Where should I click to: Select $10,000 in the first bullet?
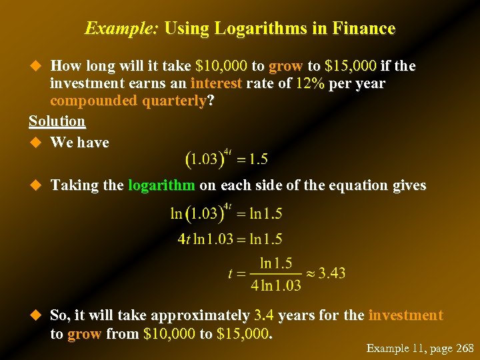pos(221,66)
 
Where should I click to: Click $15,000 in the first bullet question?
pos(351,66)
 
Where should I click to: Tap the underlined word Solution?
pos(57,121)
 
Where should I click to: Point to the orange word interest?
pos(216,83)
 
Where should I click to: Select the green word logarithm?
pos(161,185)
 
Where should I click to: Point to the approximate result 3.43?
pos(331,273)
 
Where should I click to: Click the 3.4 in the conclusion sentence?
pos(264,315)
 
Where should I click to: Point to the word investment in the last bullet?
pos(405,315)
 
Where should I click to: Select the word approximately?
pos(201,315)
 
